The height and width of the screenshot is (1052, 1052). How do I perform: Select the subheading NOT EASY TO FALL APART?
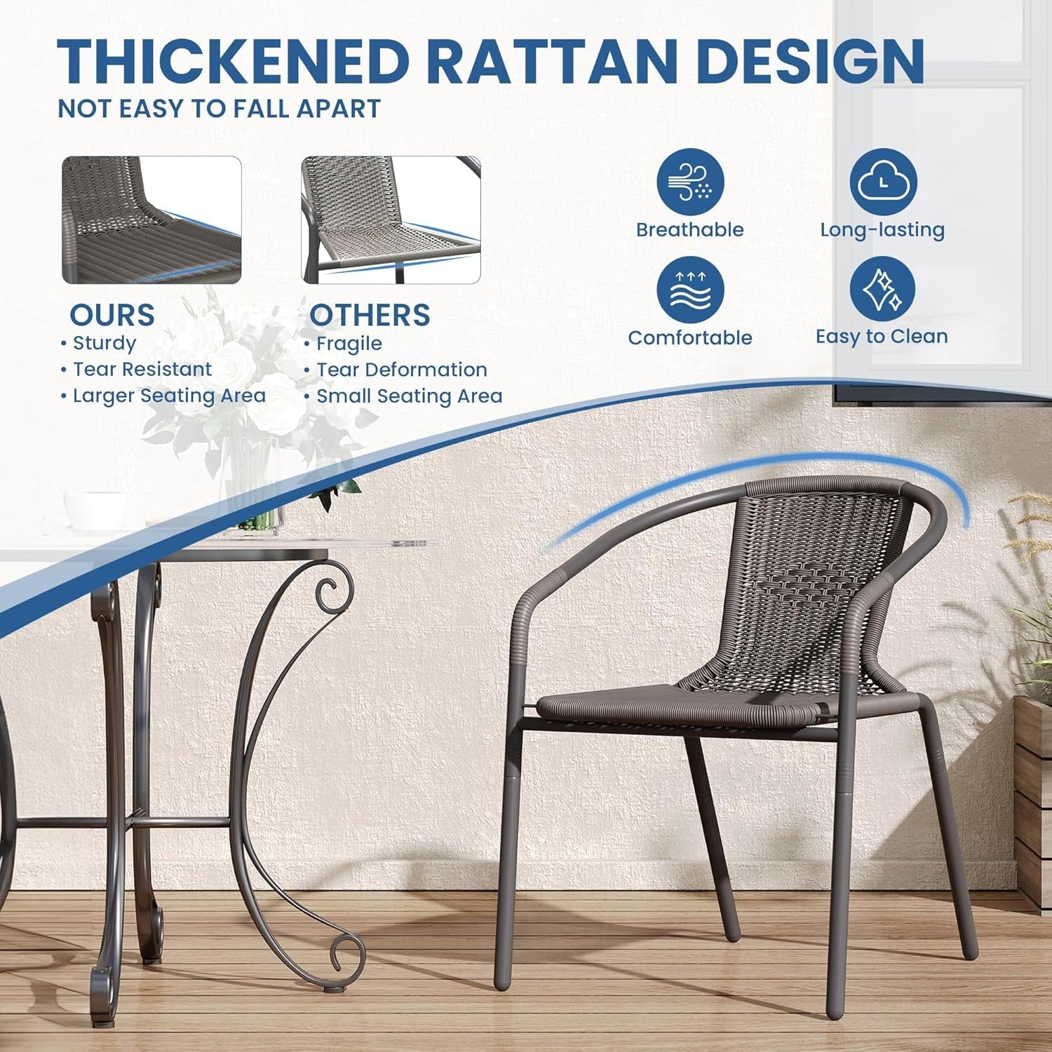[219, 109]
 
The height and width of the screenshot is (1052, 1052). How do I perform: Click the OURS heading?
[112, 315]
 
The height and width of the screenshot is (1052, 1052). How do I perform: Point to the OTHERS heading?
[370, 315]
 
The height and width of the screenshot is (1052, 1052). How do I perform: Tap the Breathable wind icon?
[689, 182]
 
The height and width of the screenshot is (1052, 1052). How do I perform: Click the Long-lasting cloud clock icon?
[882, 182]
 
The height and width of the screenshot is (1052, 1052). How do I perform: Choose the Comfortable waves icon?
[689, 290]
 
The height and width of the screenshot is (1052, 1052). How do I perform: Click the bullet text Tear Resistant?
[142, 370]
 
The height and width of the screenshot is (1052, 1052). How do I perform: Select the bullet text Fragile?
[349, 344]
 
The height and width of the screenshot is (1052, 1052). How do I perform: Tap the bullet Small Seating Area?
[409, 396]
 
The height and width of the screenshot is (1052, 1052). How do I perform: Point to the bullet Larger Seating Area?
[169, 396]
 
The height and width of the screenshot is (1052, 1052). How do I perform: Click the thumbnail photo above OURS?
[151, 220]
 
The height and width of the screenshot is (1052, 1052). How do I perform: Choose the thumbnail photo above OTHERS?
[391, 220]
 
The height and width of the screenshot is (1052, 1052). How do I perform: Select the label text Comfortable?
[689, 338]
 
